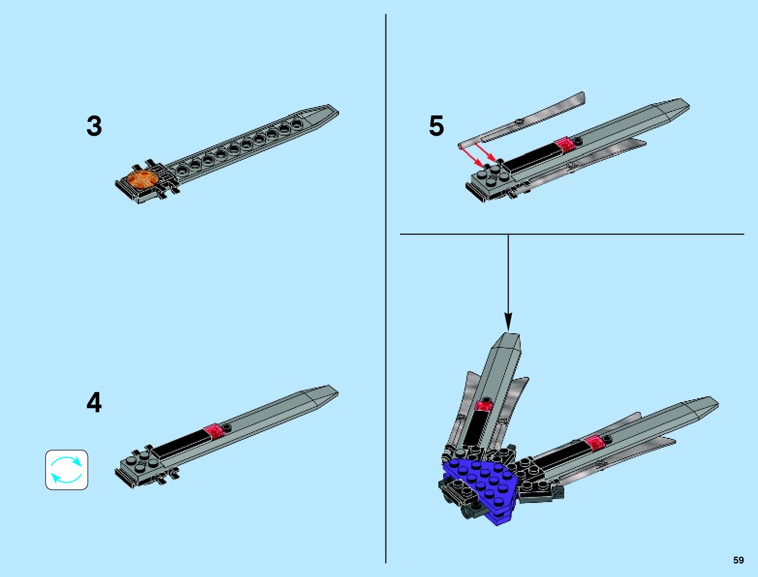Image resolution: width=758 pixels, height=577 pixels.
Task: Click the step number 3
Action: [x=94, y=126]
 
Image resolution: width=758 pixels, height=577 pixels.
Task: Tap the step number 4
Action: [x=94, y=403]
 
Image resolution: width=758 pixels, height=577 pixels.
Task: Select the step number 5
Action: [x=436, y=126]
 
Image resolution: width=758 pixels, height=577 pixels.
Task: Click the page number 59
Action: [x=738, y=560]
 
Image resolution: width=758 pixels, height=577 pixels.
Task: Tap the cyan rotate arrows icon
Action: [x=67, y=469]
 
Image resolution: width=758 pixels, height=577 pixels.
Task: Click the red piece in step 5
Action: [x=565, y=143]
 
